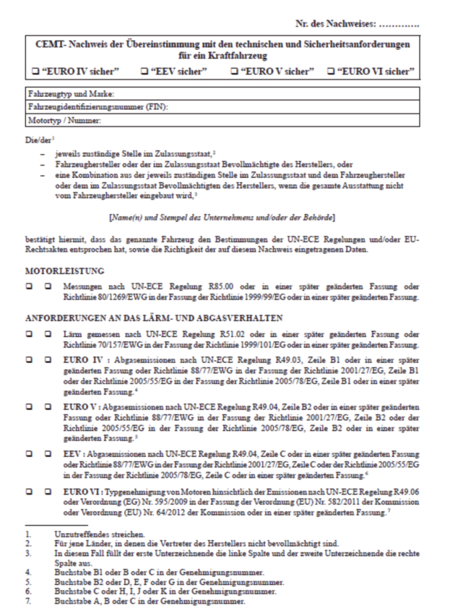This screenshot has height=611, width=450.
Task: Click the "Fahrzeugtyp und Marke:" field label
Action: [x=71, y=95]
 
